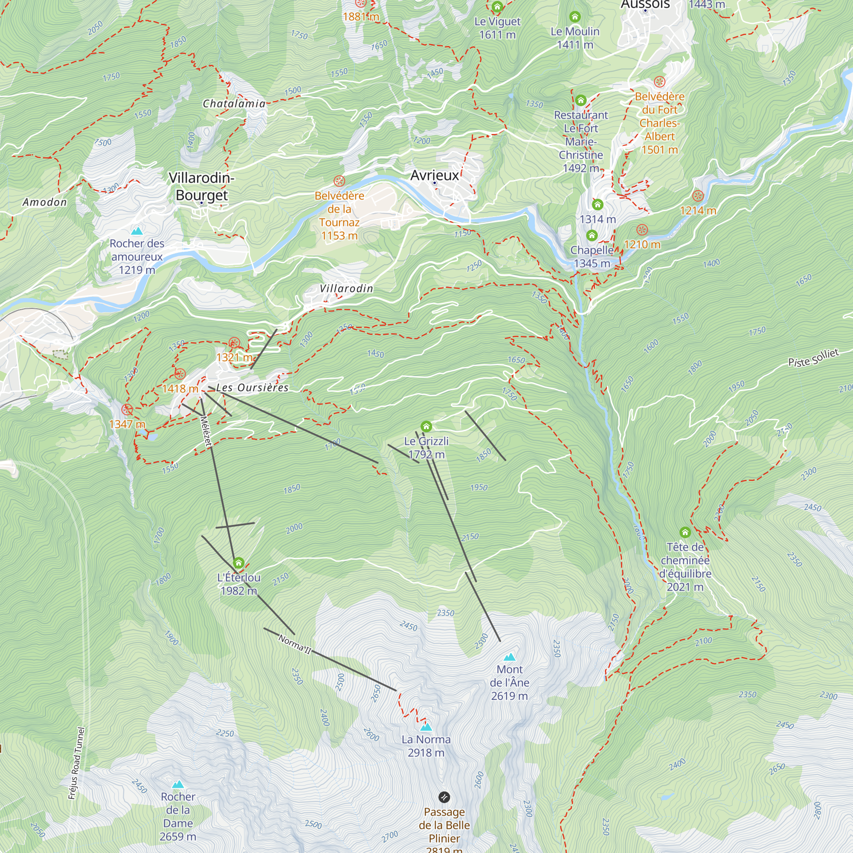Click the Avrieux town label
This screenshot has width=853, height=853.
click(x=435, y=175)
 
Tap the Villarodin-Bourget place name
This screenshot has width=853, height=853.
click(x=202, y=186)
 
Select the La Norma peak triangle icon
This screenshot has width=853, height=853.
click(x=426, y=727)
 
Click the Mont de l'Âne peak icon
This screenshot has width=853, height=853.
click(x=510, y=657)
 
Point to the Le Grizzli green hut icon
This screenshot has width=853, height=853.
click(x=426, y=426)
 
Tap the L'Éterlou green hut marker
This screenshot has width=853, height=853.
click(x=239, y=563)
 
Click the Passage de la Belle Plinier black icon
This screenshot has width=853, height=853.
click(x=444, y=797)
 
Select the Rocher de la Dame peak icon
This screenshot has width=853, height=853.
click(x=178, y=784)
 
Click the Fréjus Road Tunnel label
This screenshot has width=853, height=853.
click(x=76, y=763)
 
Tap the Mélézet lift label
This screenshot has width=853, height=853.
click(x=206, y=431)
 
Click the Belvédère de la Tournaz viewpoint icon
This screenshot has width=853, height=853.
click(x=339, y=181)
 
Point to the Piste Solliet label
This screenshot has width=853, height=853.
click(x=813, y=358)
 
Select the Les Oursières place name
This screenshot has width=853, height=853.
click(x=252, y=388)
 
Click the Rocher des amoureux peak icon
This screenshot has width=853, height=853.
click(x=137, y=231)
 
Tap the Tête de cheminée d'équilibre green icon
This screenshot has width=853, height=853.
click(x=685, y=532)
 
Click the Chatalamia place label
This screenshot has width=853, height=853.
click(x=234, y=104)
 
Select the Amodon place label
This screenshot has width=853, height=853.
click(x=45, y=202)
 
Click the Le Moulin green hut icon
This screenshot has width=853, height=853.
click(x=575, y=17)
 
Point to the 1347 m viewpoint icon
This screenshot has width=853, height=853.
click(x=127, y=409)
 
